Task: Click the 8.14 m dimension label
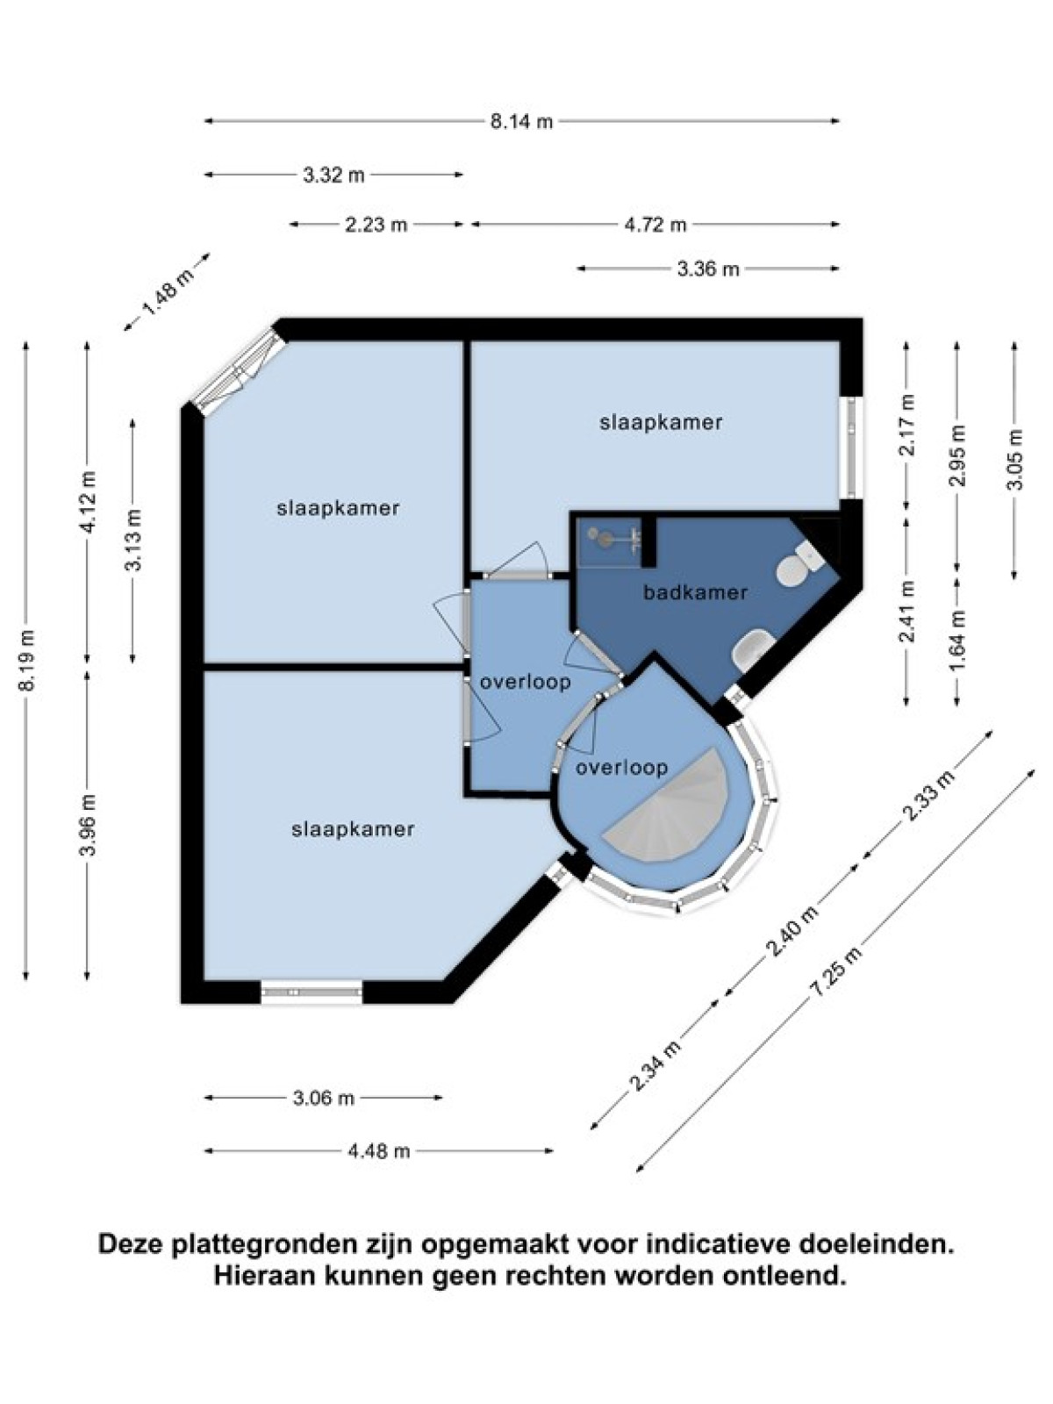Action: click(x=521, y=121)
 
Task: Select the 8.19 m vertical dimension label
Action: click(x=26, y=660)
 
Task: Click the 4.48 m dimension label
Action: click(x=378, y=1151)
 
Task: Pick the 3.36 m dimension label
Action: click(x=708, y=269)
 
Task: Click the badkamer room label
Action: click(x=695, y=592)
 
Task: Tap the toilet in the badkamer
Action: click(x=799, y=565)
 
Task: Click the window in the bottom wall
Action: click(x=312, y=992)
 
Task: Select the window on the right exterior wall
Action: click(x=851, y=448)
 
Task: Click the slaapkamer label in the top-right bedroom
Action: click(x=661, y=423)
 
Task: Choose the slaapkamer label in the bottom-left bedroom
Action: click(x=353, y=830)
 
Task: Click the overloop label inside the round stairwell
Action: click(x=621, y=768)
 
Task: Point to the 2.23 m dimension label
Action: click(x=376, y=226)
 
